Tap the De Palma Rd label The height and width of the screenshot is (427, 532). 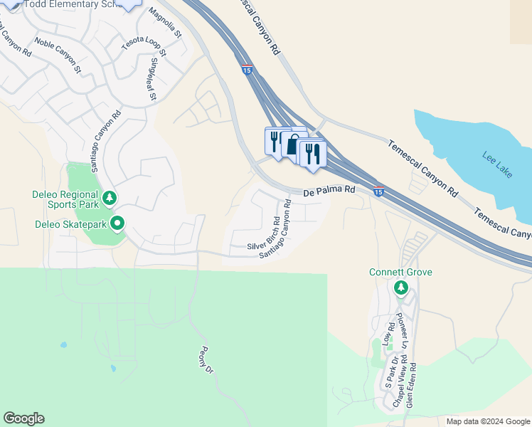(329, 191)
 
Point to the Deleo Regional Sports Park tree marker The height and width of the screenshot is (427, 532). (109, 197)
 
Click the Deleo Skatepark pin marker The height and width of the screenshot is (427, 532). (117, 223)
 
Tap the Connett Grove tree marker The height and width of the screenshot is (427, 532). (400, 288)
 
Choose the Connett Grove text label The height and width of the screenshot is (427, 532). (400, 273)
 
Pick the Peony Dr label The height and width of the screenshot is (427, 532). (206, 359)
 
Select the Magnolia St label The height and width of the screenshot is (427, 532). (166, 23)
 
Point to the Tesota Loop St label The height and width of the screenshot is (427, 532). (143, 48)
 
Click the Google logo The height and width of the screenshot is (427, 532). (23, 418)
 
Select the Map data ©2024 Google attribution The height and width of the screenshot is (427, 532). (487, 421)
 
